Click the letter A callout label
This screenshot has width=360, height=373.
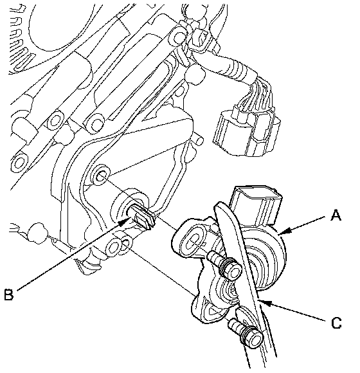[336, 215]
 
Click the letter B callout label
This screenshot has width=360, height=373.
[9, 295]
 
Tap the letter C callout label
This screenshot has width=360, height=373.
[336, 323]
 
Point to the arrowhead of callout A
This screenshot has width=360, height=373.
[285, 231]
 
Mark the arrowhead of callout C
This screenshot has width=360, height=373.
[265, 303]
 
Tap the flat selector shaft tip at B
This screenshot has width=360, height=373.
[142, 217]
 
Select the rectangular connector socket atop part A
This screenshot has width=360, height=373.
[256, 204]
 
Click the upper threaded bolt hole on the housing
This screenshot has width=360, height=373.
[102, 176]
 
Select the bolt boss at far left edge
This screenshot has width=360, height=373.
[19, 162]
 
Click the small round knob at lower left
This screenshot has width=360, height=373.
[37, 233]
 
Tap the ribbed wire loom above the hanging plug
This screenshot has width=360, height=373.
[238, 68]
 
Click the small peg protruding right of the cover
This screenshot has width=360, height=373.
[198, 140]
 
